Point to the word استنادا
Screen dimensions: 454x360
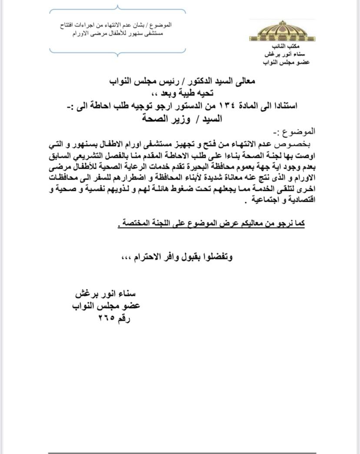coord(284,106)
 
